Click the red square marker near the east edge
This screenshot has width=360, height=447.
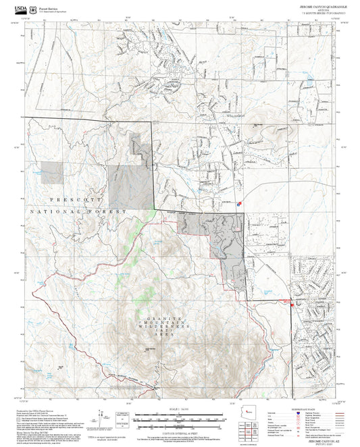pyautogui.click(x=292, y=306)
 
